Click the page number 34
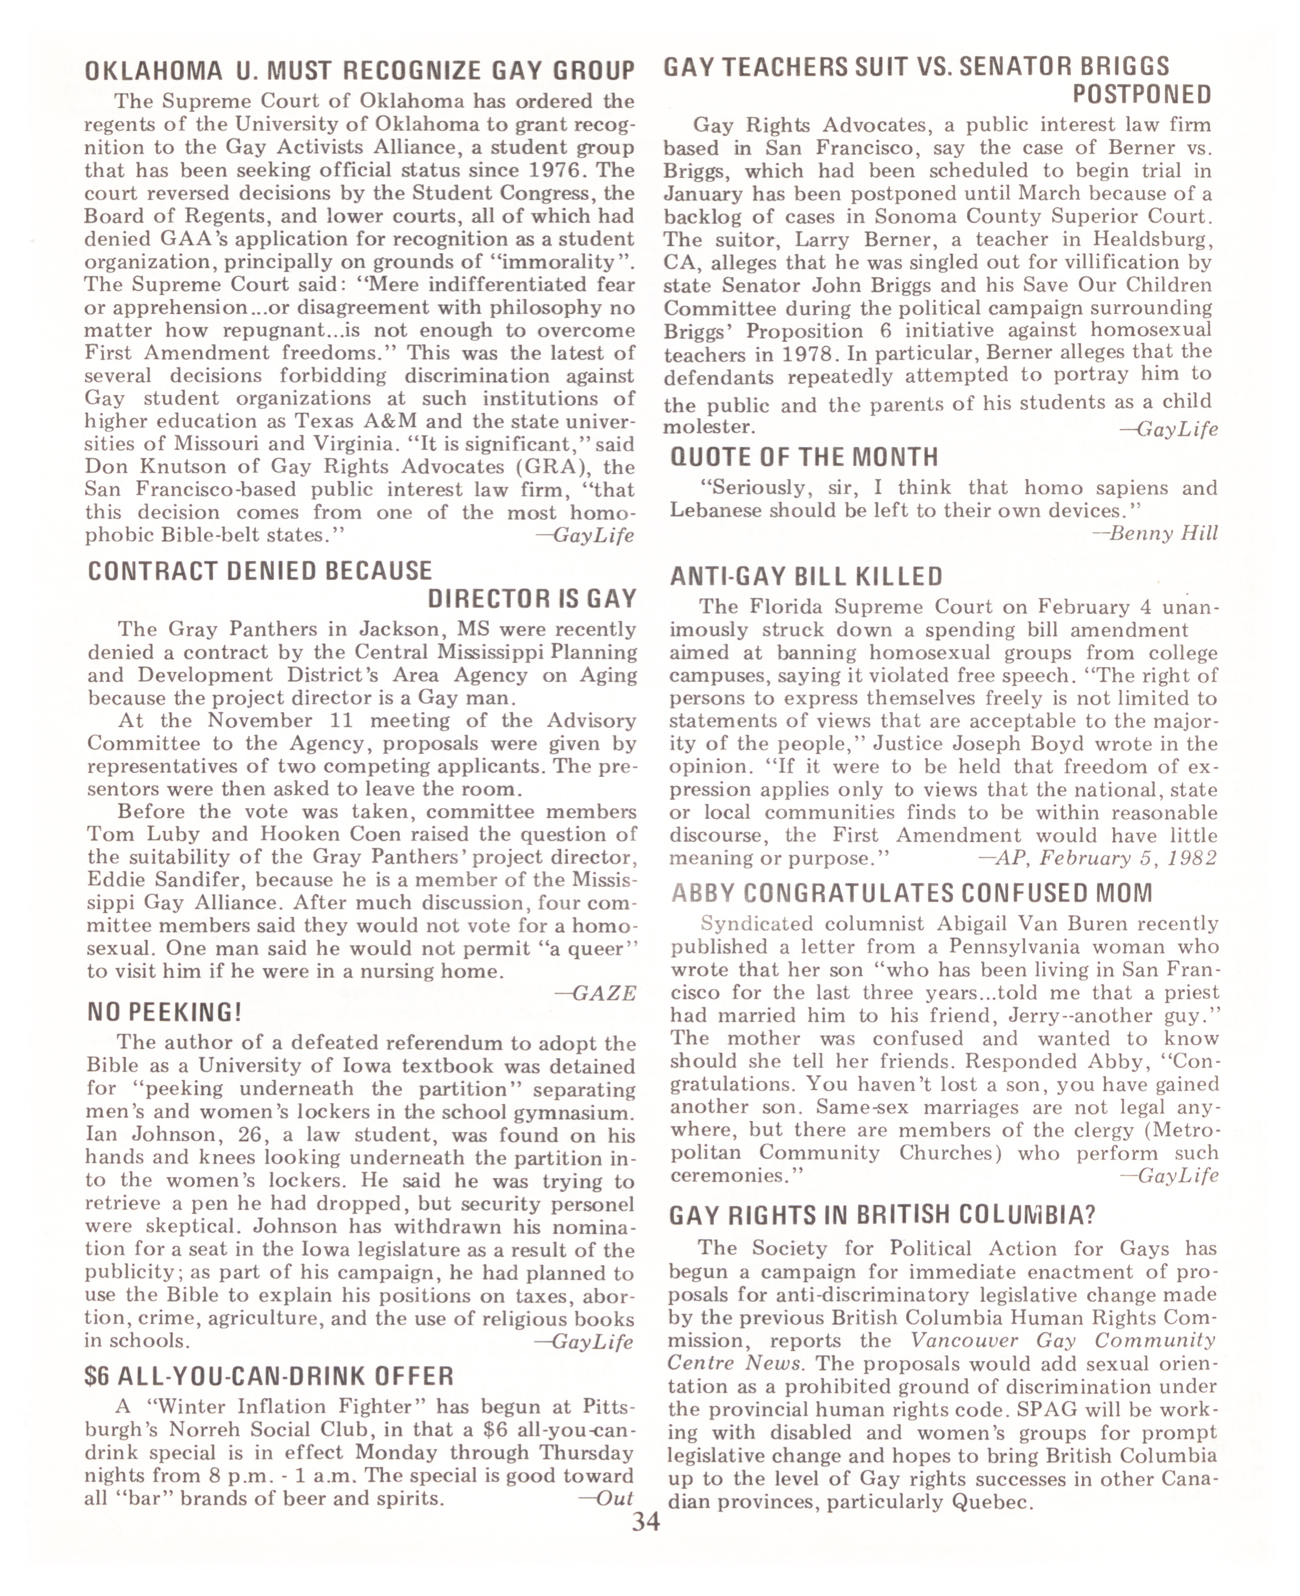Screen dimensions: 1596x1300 (x=646, y=1523)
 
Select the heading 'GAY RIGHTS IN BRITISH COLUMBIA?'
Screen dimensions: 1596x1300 (x=882, y=1215)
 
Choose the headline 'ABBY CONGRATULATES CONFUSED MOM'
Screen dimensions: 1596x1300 (x=911, y=893)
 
